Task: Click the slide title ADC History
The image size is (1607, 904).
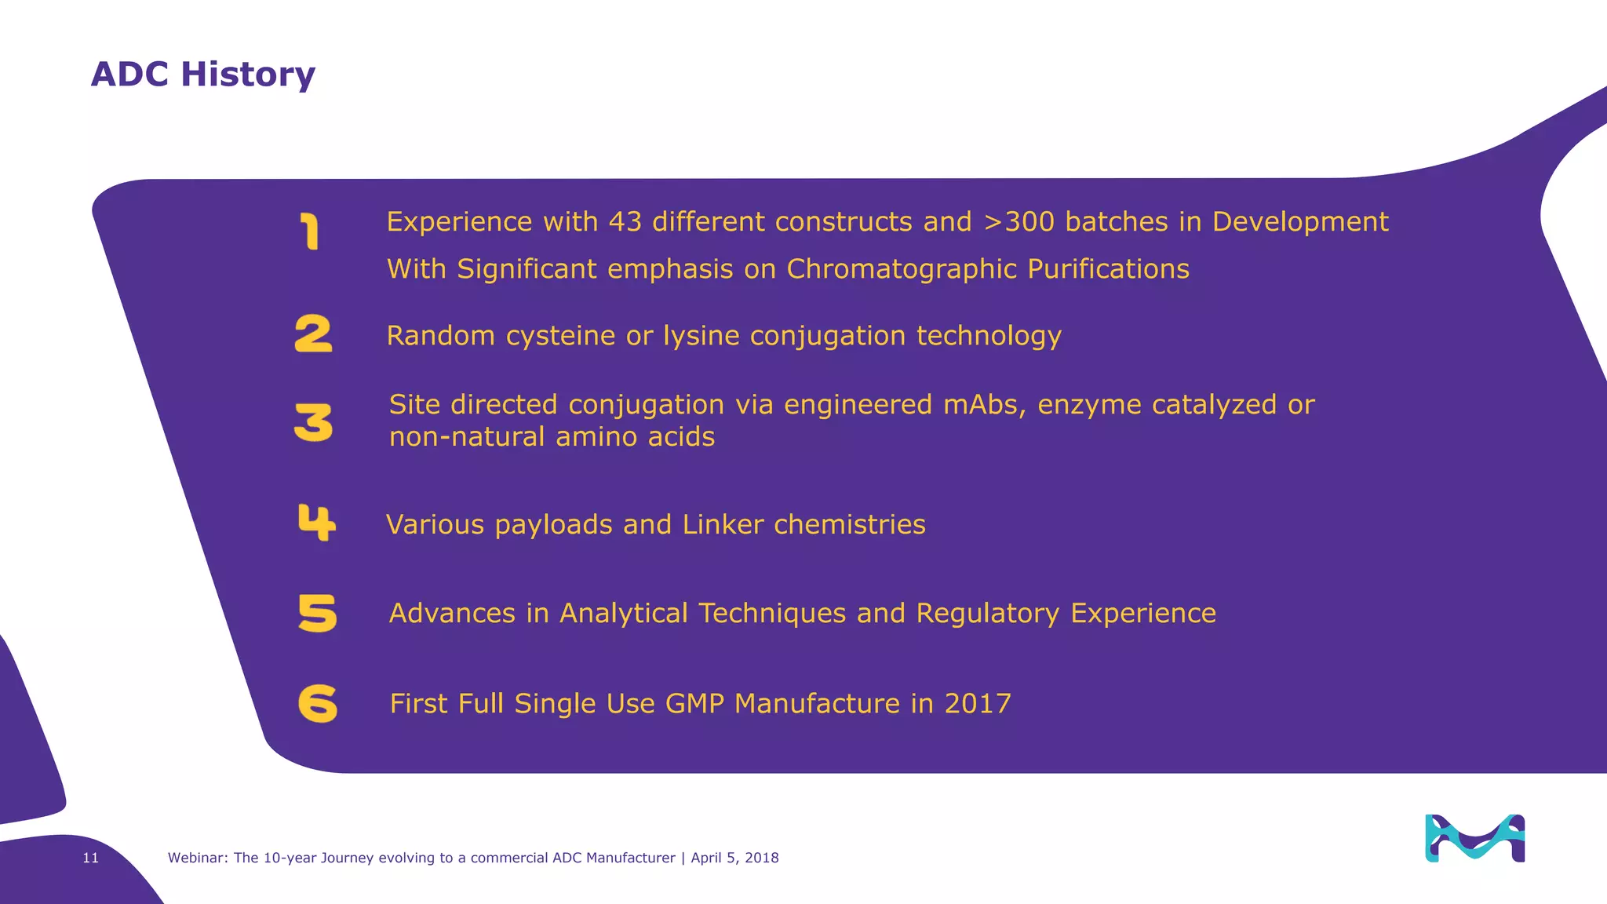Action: pos(202,75)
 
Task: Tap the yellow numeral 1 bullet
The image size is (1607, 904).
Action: pos(311,232)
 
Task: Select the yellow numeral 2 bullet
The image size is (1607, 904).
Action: pos(313,334)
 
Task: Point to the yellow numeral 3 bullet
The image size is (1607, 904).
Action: pos(313,422)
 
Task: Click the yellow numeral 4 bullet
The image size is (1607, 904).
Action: pos(316,523)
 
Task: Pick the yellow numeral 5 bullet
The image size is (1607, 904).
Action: pos(317,613)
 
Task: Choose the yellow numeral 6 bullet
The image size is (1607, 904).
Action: pos(318,703)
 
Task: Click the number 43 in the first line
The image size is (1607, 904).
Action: pos(625,222)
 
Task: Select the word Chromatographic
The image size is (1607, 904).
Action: pos(902,269)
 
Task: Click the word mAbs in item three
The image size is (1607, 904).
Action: pos(984,405)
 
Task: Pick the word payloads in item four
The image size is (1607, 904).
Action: pos(553,524)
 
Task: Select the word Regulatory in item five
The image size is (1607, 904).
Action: pos(987,613)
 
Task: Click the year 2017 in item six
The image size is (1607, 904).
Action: pos(978,704)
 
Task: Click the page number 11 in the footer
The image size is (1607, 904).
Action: pos(91,858)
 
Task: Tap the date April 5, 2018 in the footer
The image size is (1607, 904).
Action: pos(734,858)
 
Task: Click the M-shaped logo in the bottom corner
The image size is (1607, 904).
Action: pos(1474,838)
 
